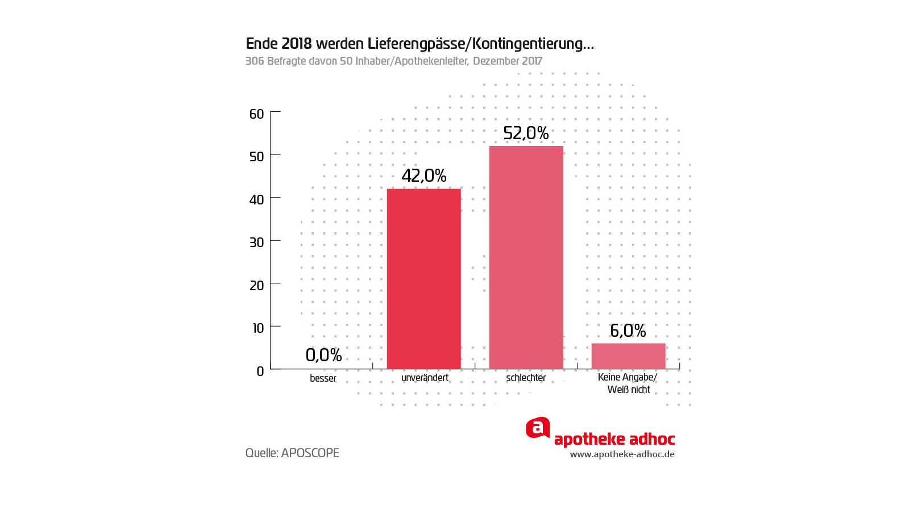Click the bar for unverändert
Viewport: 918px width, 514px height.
tap(423, 278)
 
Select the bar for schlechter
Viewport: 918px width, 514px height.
tap(526, 257)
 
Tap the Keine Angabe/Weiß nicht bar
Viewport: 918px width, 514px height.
tap(628, 356)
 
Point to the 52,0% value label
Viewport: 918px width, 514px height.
tap(526, 133)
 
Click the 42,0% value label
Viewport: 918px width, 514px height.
tap(424, 175)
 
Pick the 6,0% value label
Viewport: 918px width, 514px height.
tap(628, 331)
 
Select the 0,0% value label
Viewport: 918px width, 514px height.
tap(323, 355)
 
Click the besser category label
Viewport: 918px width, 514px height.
tap(323, 378)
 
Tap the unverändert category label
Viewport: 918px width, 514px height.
tap(425, 378)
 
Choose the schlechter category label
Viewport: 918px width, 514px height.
tap(526, 378)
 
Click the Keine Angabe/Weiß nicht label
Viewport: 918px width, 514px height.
tap(628, 383)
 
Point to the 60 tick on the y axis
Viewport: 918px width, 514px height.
tap(257, 114)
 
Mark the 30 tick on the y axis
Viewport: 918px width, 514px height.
tap(257, 243)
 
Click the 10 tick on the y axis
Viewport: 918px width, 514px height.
tap(258, 328)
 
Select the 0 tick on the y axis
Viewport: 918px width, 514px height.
tap(260, 371)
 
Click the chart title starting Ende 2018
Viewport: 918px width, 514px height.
tap(419, 44)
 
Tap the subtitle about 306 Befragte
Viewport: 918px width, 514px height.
tap(393, 61)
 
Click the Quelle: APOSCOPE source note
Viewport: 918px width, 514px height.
tap(292, 453)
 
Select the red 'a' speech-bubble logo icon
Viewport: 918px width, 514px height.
tap(537, 428)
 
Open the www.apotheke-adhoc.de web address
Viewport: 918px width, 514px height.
tap(622, 454)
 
